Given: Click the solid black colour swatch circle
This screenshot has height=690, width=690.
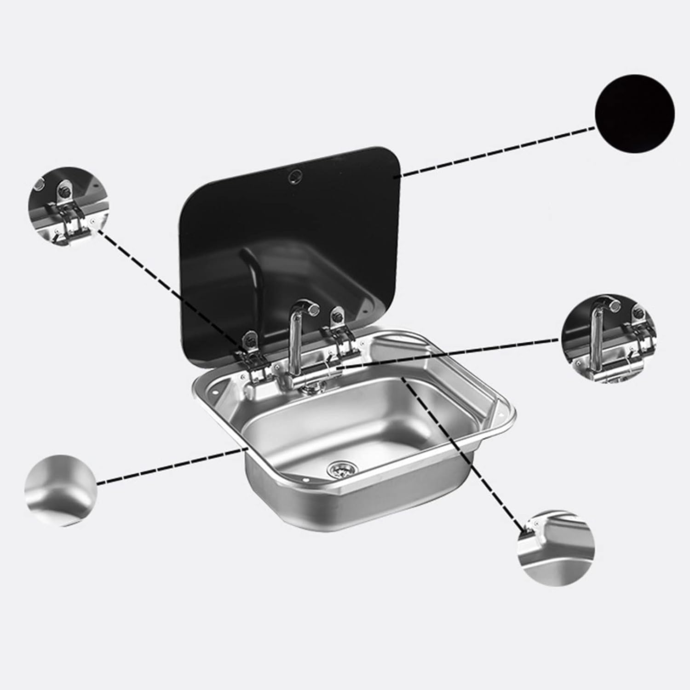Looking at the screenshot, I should pyautogui.click(x=635, y=113).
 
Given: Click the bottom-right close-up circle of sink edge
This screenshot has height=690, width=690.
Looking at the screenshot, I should pyautogui.click(x=556, y=547).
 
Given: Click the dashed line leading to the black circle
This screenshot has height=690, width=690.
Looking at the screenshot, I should pyautogui.click(x=497, y=152).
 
